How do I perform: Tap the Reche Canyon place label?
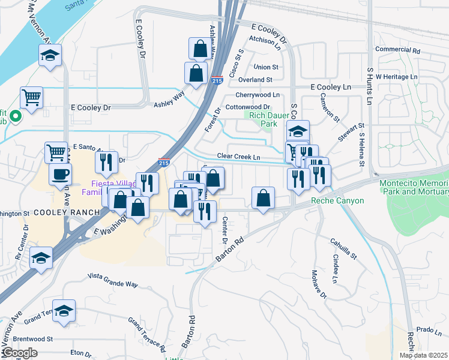(x=337, y=200)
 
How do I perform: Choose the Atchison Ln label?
(x=265, y=41)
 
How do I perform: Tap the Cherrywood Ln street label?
(x=258, y=95)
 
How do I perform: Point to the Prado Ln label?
(x=429, y=329)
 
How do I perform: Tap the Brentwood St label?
(x=32, y=338)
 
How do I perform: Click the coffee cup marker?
(x=59, y=175)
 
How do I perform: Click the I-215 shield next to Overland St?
(x=217, y=79)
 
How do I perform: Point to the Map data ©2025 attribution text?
(x=423, y=355)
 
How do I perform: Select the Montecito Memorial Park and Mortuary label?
(x=414, y=187)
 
